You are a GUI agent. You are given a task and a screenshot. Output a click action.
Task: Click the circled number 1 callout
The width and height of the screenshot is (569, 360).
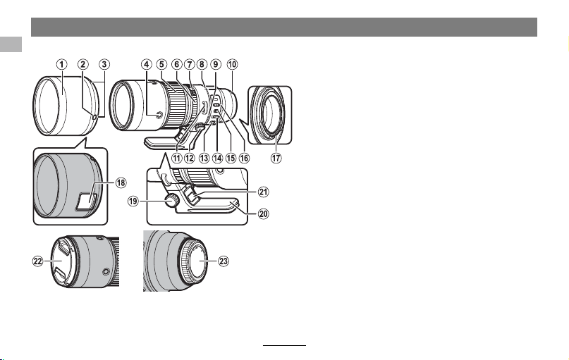coord(61,65)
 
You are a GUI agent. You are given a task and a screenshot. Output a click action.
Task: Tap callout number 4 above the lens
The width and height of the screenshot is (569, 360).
coord(146,65)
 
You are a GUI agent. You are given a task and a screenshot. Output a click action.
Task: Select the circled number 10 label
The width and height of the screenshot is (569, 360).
coord(232,65)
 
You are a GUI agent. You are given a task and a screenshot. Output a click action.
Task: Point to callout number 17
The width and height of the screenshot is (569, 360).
coord(276,158)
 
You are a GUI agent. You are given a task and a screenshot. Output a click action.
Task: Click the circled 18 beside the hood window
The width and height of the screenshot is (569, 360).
coord(121,182)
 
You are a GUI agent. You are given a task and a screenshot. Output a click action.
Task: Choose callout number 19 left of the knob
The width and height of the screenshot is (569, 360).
coord(133,201)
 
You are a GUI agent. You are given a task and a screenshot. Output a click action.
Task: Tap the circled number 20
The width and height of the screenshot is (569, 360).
coord(263,214)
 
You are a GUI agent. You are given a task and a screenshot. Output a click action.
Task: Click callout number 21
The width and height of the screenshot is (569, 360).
coord(263,192)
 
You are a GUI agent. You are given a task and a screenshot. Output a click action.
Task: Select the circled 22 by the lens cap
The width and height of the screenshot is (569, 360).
coord(38,261)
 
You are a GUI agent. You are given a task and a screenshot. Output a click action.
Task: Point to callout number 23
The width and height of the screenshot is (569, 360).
coord(224,261)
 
